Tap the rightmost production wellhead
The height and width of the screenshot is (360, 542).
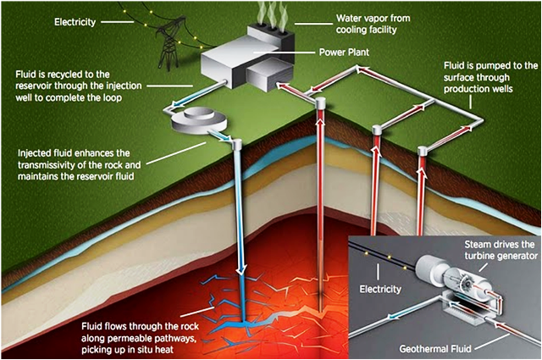click(x=421, y=152)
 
